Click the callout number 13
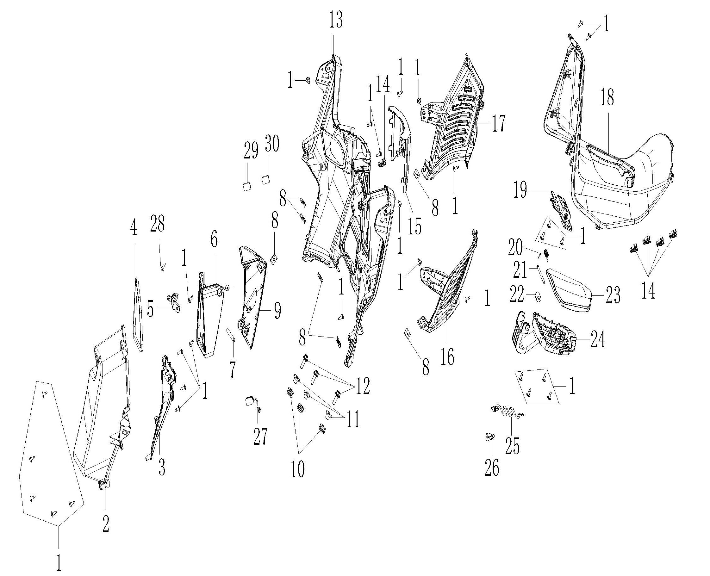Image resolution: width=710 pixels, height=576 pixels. click(x=336, y=20)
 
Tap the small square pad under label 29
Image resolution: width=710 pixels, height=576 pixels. click(x=246, y=187)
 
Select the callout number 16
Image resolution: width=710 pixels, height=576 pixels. click(x=447, y=357)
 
